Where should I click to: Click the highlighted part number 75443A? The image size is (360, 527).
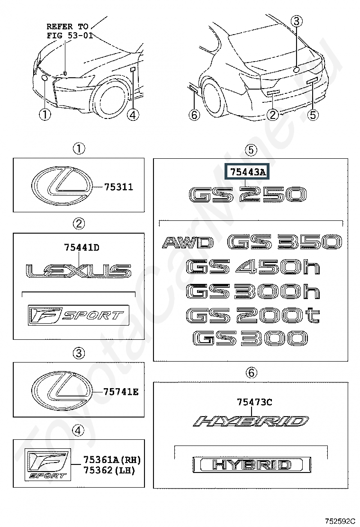[248, 172]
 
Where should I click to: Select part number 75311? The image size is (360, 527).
[118, 187]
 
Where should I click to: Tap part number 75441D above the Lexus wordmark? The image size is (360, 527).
[81, 248]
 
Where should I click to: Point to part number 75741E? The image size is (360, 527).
[121, 391]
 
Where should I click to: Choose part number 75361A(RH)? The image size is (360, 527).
[112, 459]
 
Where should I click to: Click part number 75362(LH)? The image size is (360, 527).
[109, 470]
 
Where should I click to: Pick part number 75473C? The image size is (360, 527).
[254, 401]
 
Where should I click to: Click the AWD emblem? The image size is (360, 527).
[188, 242]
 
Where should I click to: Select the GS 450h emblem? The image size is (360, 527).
[252, 267]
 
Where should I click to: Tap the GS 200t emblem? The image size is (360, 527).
[252, 315]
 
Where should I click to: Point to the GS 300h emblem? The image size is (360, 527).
[252, 291]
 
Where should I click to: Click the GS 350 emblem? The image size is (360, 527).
[285, 242]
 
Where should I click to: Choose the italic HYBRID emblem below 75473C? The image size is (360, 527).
[251, 421]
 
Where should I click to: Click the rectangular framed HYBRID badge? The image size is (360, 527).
[252, 465]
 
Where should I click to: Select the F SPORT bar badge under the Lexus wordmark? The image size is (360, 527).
[78, 315]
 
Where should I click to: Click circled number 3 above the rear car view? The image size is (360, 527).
[296, 21]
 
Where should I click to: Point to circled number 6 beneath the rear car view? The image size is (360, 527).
[194, 115]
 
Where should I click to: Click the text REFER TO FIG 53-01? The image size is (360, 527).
[70, 31]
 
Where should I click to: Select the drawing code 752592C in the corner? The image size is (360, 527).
[339, 522]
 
